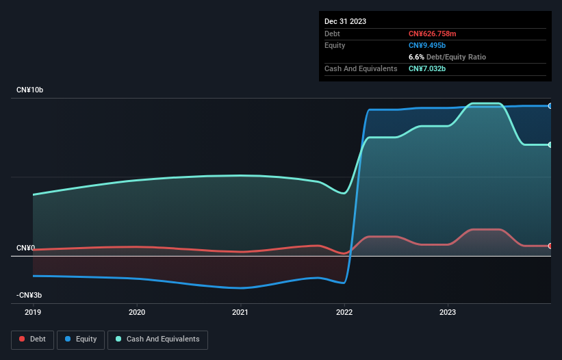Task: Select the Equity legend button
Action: point(81,339)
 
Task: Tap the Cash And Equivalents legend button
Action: point(157,339)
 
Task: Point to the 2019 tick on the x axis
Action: point(33,311)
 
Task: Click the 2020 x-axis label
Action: point(137,311)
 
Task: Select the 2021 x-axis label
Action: point(240,311)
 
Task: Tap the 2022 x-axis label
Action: point(344,311)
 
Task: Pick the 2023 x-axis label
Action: point(448,311)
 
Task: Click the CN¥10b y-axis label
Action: point(30,90)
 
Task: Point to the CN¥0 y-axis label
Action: point(25,248)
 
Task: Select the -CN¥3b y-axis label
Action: point(29,295)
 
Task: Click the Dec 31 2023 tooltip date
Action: point(345,21)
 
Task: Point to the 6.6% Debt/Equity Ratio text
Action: point(447,57)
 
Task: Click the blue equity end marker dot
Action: point(550,106)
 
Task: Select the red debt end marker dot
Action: point(550,246)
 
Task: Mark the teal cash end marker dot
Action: point(550,144)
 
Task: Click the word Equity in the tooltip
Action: point(335,45)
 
